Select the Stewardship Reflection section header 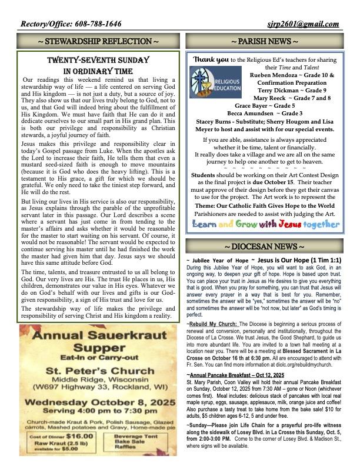coord(98,42)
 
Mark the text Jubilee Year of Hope coord(218,259)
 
